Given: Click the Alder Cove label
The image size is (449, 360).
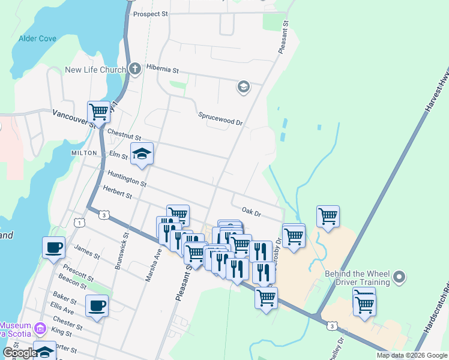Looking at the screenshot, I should click(x=37, y=38).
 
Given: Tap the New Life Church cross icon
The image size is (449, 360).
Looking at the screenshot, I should click(x=135, y=68).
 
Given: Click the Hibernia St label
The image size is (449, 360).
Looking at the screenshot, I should click(x=163, y=70).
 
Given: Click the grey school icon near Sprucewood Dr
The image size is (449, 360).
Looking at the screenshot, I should click(x=243, y=88).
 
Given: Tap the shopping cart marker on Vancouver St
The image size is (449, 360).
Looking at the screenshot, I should click(x=98, y=112).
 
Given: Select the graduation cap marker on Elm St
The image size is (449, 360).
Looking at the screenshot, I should click(x=142, y=154).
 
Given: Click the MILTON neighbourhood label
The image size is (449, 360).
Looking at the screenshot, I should click(x=84, y=153).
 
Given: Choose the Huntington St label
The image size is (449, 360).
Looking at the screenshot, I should click(x=127, y=178).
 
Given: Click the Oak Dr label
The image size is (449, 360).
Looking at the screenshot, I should click(x=251, y=212).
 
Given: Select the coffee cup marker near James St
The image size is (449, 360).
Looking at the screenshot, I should click(x=53, y=247).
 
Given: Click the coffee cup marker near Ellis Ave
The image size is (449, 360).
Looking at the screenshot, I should click(x=97, y=306).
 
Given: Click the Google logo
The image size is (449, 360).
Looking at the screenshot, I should click(x=20, y=353).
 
